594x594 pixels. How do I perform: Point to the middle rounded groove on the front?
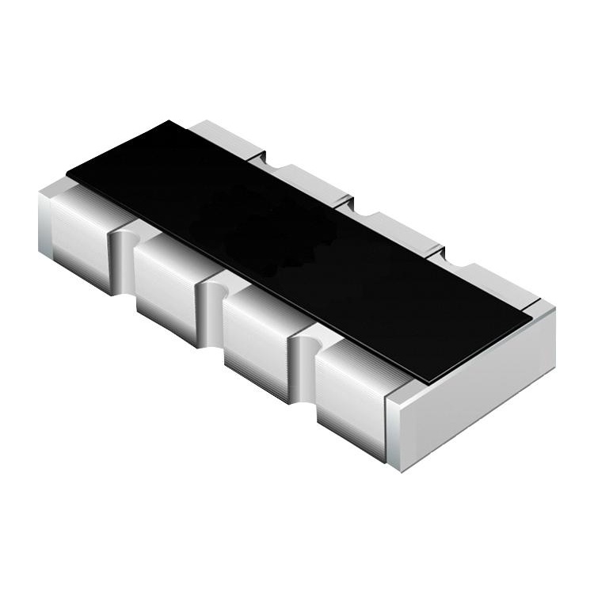pos(210,309)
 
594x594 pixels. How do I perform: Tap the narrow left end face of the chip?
pos(45,222)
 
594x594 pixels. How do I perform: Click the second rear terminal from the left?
pos(305,181)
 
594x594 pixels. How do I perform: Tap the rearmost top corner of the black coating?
pos(169,122)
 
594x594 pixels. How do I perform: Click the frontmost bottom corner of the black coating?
pos(428,383)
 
